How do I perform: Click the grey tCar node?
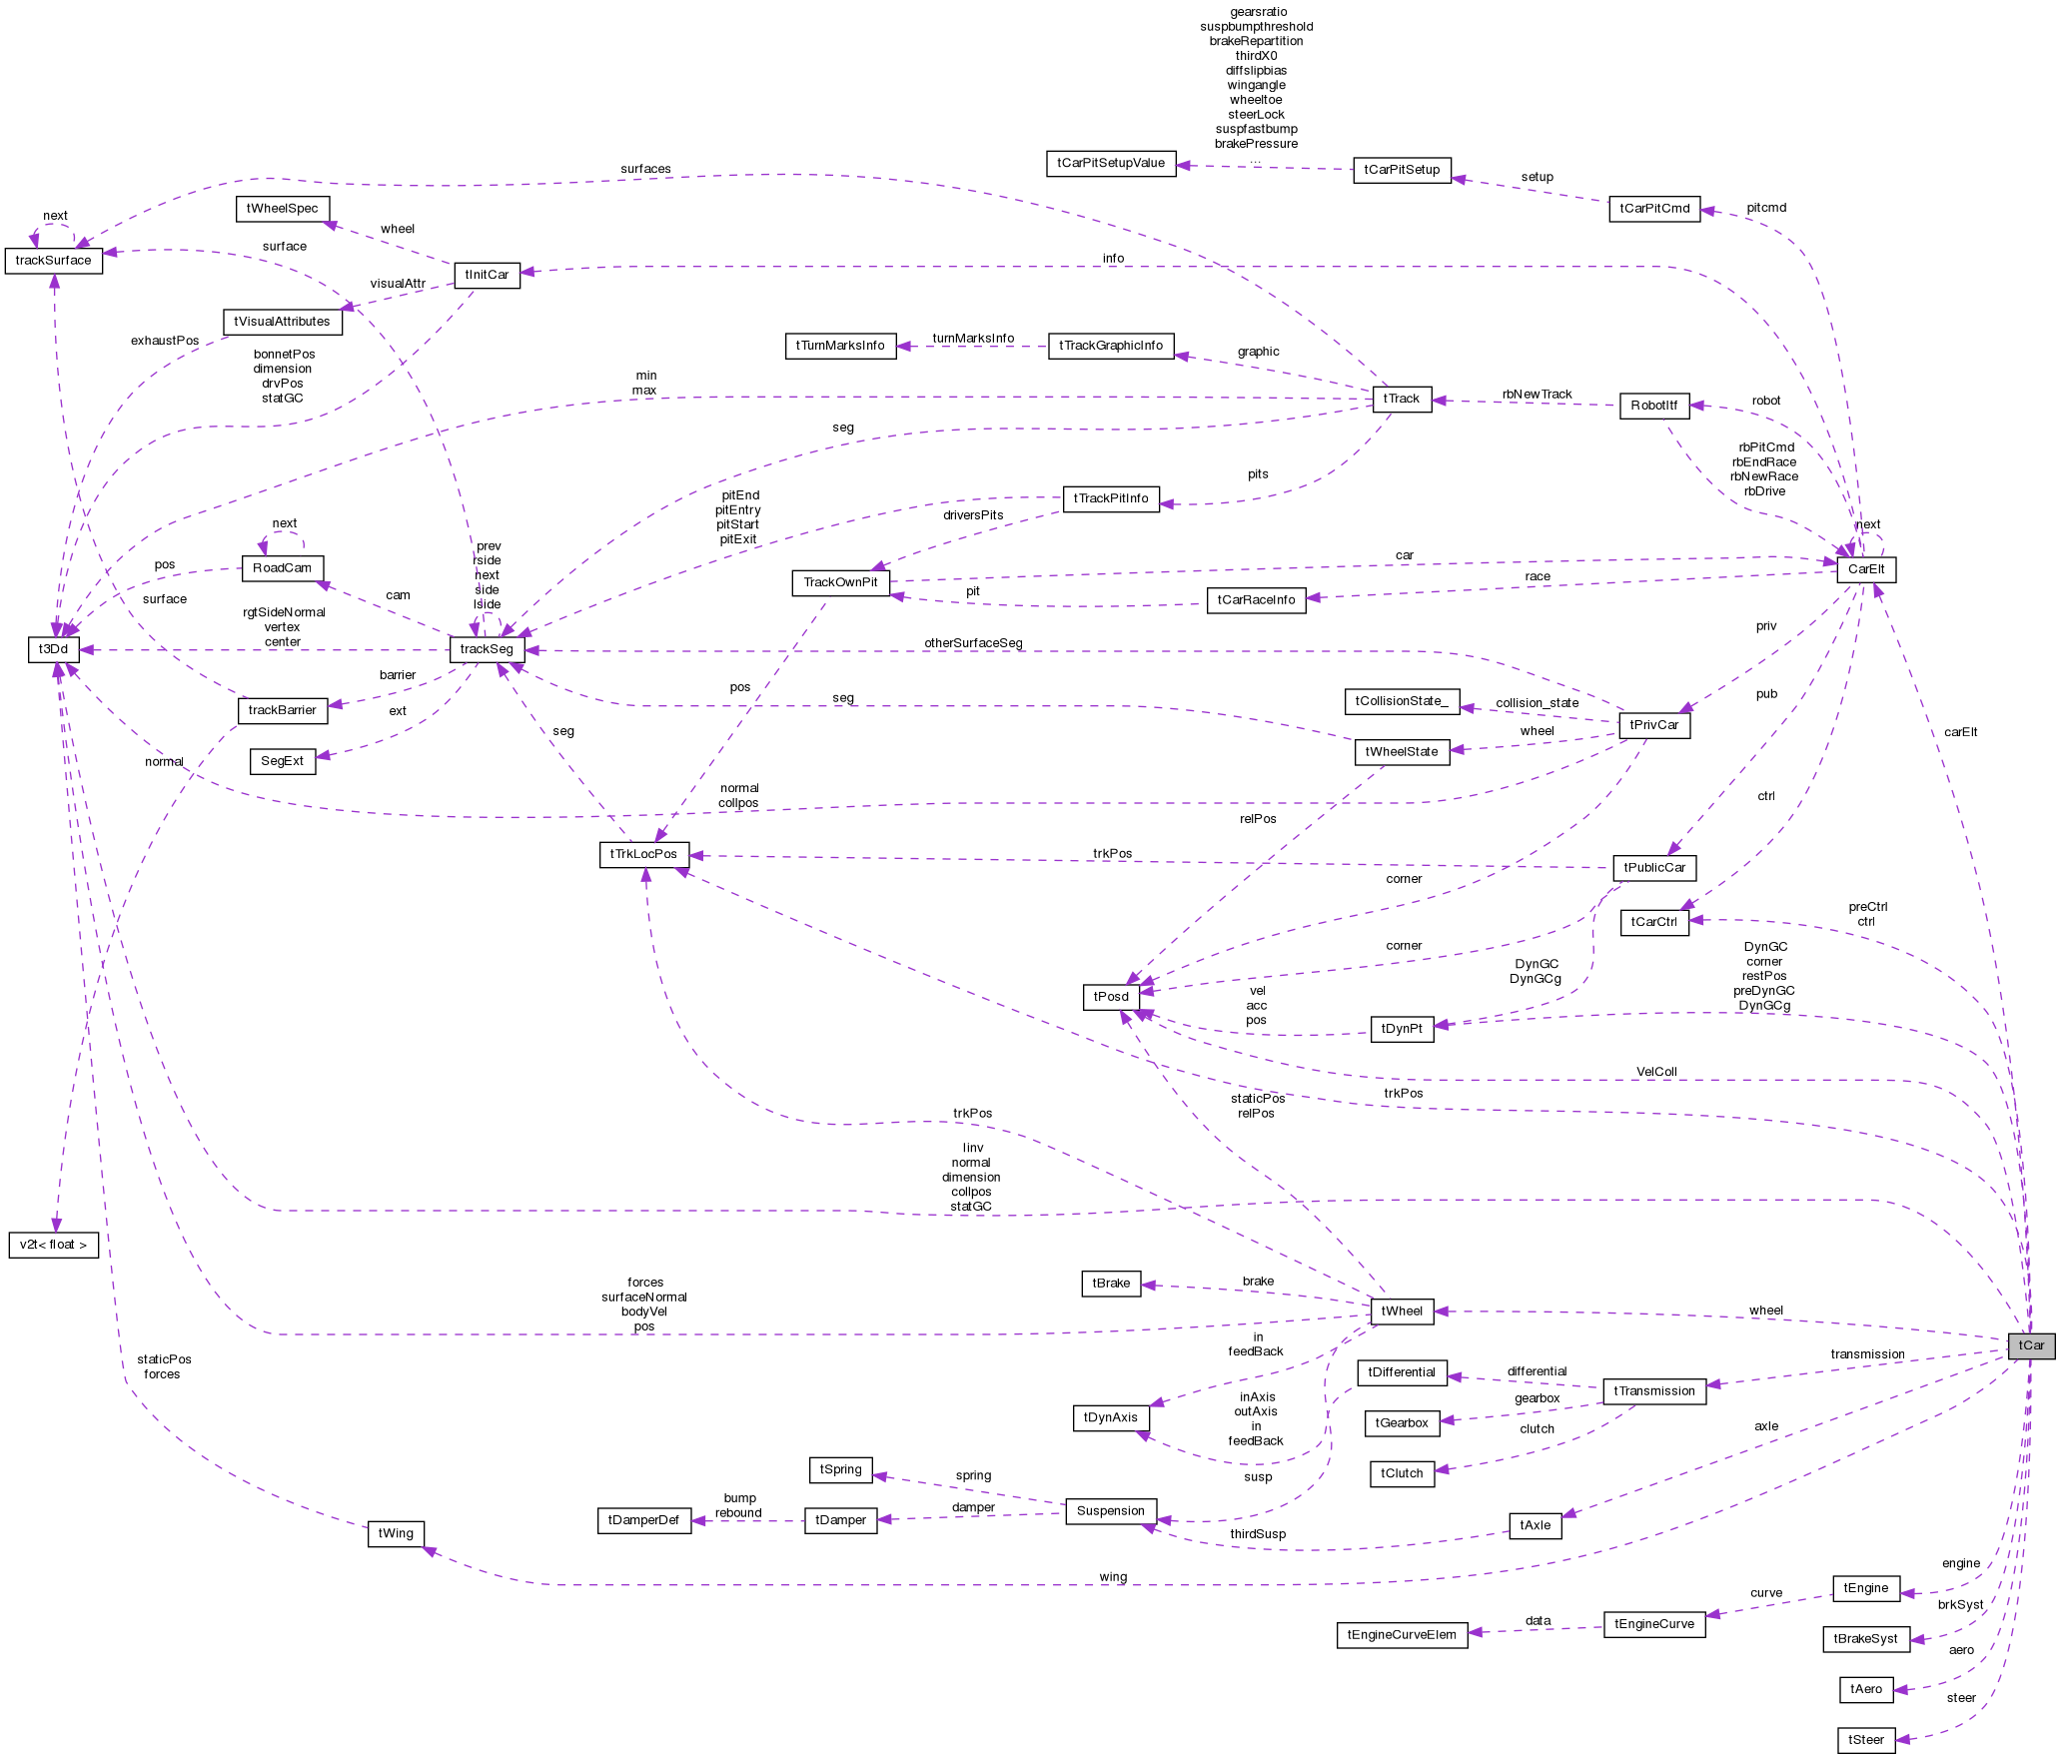tap(2031, 1345)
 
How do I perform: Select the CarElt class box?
tap(1865, 569)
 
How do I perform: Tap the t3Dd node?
tap(53, 649)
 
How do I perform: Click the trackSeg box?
tap(487, 649)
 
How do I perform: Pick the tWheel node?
tap(1403, 1312)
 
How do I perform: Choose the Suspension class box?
tap(1110, 1511)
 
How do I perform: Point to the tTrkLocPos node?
tap(643, 854)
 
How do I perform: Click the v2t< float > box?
tap(54, 1245)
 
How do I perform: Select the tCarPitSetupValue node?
tap(1111, 163)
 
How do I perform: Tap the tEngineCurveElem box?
tap(1402, 1635)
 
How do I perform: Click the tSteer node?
tap(1865, 1740)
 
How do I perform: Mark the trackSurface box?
tap(54, 261)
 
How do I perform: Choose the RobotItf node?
tap(1653, 405)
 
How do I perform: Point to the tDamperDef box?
tap(643, 1520)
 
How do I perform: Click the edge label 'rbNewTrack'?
tap(1537, 395)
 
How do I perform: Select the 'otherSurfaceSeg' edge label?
tap(973, 643)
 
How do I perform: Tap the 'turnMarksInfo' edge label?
tap(973, 339)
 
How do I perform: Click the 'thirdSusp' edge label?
tap(1258, 1534)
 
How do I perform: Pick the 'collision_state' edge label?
tap(1537, 703)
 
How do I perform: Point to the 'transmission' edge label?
tap(1867, 1354)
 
